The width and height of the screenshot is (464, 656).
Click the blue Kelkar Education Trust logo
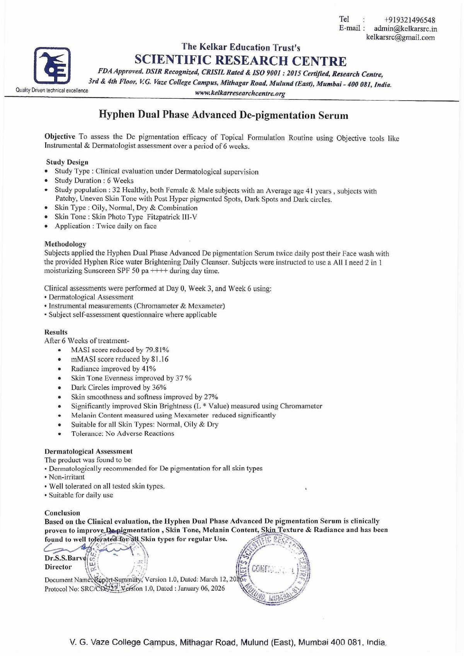(52, 65)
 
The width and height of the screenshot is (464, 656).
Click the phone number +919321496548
(409, 20)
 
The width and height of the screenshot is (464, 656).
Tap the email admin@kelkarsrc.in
(405, 29)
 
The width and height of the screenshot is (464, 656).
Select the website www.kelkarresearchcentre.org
(240, 93)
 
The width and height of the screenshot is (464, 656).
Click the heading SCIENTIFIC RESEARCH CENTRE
(240, 61)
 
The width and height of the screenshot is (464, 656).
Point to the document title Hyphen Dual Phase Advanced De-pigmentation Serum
(223, 115)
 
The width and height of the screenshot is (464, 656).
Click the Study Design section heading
(67, 162)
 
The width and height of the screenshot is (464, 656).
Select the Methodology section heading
(65, 244)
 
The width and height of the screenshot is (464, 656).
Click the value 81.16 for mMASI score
(160, 359)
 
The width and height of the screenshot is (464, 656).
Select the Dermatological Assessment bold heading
(89, 451)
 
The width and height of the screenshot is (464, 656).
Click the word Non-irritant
(67, 477)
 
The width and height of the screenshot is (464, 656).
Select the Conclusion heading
(62, 513)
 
